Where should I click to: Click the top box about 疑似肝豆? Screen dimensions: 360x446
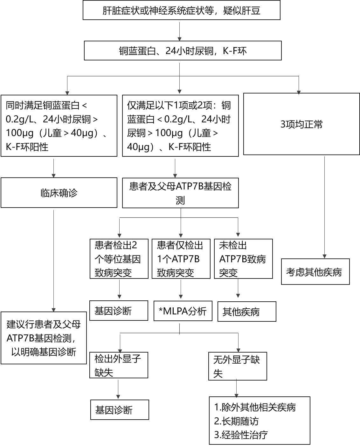[x=182, y=10]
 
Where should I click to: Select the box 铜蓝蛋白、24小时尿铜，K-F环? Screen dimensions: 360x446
[x=183, y=51]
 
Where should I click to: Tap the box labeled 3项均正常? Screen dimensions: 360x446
[x=301, y=124]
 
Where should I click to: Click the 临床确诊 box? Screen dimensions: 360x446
[x=59, y=193]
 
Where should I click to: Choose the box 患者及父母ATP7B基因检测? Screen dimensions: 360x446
[x=180, y=193]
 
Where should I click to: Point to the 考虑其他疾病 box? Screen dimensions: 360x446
[x=315, y=271]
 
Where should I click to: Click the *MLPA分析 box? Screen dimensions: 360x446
[x=183, y=311]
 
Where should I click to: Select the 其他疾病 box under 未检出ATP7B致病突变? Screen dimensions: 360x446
[x=247, y=312]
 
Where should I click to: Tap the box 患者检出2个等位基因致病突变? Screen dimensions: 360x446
[x=119, y=259]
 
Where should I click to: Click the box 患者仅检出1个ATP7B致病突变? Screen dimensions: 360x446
[x=181, y=259]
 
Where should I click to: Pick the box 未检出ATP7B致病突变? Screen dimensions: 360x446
[x=243, y=259]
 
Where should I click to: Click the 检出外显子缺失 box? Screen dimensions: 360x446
[x=119, y=365]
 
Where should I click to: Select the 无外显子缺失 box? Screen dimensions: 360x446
[x=238, y=366]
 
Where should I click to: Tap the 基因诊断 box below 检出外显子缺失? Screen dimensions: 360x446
[x=120, y=410]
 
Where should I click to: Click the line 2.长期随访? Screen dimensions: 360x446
[x=236, y=421]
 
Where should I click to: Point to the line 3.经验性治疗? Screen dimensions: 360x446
[x=241, y=435]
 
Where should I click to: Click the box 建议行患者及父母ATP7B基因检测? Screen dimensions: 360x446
[x=44, y=338]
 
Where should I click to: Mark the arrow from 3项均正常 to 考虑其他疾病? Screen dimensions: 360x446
[x=324, y=207]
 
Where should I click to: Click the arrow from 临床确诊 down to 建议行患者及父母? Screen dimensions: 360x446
[x=54, y=261]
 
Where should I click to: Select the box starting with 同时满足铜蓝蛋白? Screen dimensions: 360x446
[x=59, y=126]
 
